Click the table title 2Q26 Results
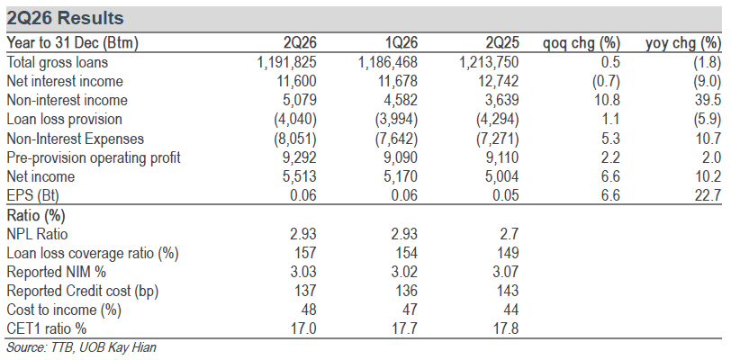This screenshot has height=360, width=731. click(x=65, y=18)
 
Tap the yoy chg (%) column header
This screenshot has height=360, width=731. click(x=683, y=43)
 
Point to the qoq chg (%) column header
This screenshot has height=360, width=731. click(x=582, y=43)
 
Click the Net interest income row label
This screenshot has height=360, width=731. click(x=65, y=81)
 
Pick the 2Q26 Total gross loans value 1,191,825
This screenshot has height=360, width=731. click(x=286, y=62)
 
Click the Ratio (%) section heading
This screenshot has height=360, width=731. click(x=36, y=215)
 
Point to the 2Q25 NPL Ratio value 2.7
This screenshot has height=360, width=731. click(x=510, y=234)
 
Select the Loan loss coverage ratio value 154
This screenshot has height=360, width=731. click(x=406, y=253)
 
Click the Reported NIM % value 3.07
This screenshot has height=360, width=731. click(x=504, y=272)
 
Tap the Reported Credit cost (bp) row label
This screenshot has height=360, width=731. click(x=83, y=291)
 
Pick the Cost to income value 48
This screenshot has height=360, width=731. click(x=309, y=310)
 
